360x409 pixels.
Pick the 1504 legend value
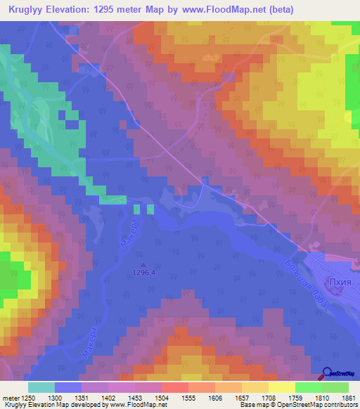[161, 398]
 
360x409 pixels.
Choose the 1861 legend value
[347, 398]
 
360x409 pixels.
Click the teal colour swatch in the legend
[41, 387]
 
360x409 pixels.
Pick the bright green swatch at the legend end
[335, 387]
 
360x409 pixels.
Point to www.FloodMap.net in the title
[225, 9]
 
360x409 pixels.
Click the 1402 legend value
[108, 398]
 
